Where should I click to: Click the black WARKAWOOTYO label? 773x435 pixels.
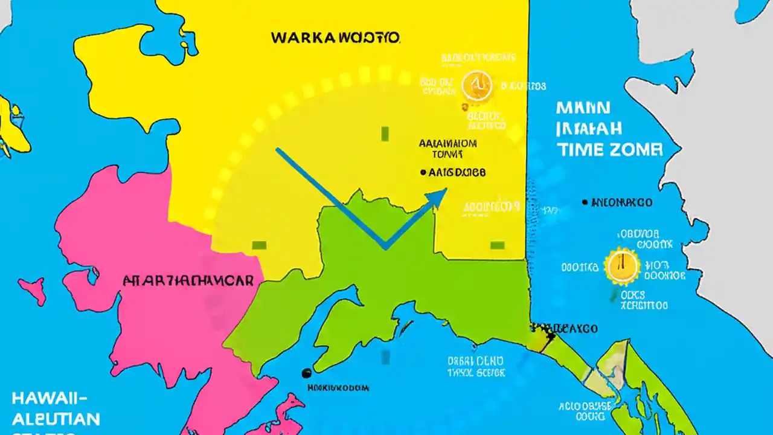[335, 38]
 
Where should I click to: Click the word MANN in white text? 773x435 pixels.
[584, 108]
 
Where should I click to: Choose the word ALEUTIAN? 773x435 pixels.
[56, 418]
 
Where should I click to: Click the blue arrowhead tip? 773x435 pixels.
[446, 190]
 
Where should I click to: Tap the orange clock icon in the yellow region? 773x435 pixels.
[476, 86]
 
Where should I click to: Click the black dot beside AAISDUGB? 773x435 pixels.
[423, 172]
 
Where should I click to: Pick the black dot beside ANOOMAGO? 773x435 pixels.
[585, 202]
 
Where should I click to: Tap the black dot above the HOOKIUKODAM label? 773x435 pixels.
[306, 373]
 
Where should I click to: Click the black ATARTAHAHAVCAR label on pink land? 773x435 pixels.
[188, 282]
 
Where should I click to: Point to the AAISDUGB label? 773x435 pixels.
[457, 172]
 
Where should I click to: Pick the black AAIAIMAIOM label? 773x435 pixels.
[447, 144]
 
